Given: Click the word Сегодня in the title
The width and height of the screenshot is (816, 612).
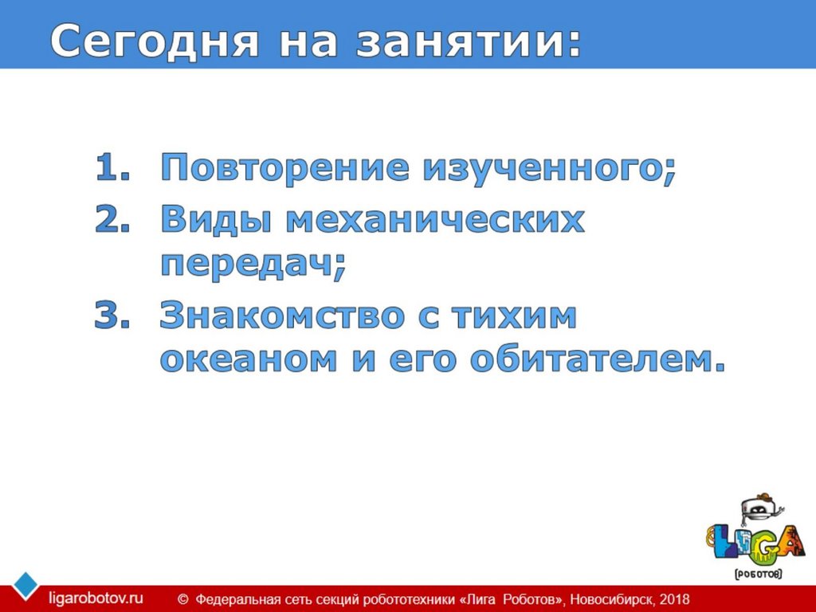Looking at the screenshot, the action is pyautogui.click(x=155, y=41).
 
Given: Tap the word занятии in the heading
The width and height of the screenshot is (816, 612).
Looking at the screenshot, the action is pyautogui.click(x=469, y=41).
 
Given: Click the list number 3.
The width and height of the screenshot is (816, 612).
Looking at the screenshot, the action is pyautogui.click(x=112, y=315).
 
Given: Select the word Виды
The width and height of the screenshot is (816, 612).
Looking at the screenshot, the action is pyautogui.click(x=217, y=219).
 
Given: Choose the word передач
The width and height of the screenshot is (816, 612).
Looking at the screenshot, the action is pyautogui.click(x=253, y=263).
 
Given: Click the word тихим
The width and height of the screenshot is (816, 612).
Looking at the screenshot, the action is pyautogui.click(x=514, y=316).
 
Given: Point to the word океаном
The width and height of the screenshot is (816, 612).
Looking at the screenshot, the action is pyautogui.click(x=249, y=359).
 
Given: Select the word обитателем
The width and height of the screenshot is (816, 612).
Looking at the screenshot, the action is pyautogui.click(x=598, y=359).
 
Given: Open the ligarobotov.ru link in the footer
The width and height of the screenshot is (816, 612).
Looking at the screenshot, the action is pyautogui.click(x=96, y=598).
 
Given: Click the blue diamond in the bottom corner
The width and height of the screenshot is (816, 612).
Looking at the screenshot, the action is pyautogui.click(x=25, y=586).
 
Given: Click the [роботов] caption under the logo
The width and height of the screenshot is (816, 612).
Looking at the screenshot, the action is pyautogui.click(x=759, y=574).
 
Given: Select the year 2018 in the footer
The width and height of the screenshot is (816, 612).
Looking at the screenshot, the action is pyautogui.click(x=674, y=599).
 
